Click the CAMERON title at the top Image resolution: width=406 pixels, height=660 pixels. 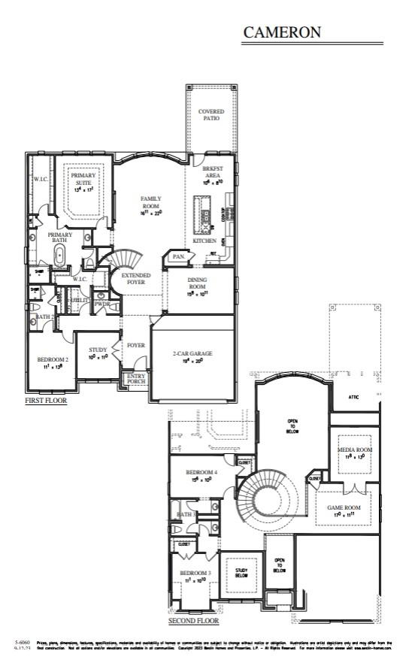tap(282, 32)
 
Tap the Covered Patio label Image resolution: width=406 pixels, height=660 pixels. tap(211, 115)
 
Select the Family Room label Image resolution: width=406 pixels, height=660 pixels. tap(151, 202)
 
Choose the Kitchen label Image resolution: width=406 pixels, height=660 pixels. tap(205, 241)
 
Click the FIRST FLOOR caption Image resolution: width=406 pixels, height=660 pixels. tap(47, 401)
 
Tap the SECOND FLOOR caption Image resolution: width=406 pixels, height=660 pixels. tap(194, 622)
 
